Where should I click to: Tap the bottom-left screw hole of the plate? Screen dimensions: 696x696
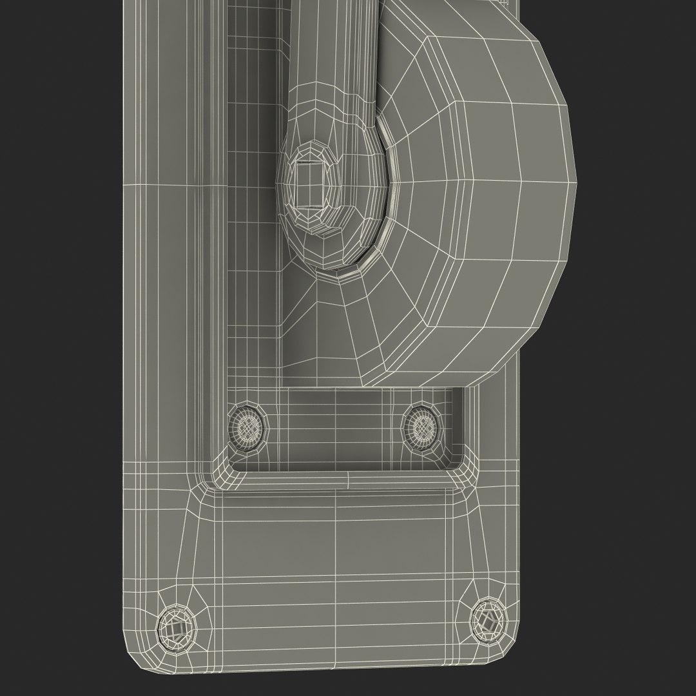[x=174, y=624]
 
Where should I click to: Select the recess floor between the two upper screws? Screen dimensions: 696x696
[x=335, y=429]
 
